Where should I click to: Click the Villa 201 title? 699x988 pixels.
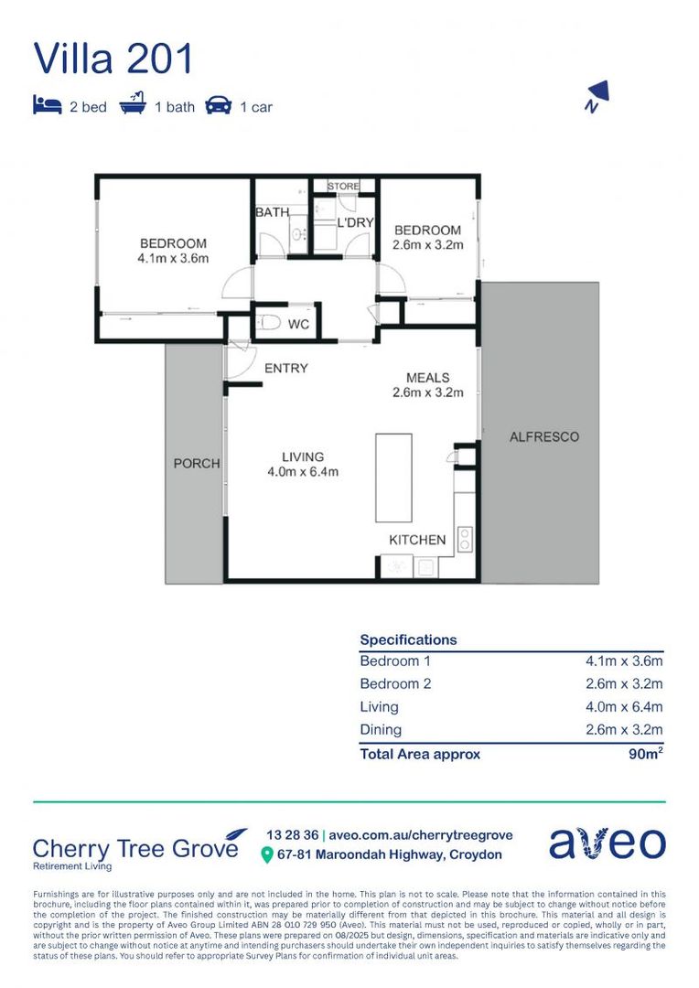pos(113,59)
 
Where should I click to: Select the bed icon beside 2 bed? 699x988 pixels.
pos(47,105)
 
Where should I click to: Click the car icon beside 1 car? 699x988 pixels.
pos(218,105)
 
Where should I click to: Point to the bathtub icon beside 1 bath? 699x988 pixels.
pos(134,104)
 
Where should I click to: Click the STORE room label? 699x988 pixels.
pos(344,187)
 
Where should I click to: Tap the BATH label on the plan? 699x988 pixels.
pos(272,212)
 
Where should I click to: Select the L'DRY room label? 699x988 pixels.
pos(352,223)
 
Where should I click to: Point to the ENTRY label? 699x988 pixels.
pos(285,369)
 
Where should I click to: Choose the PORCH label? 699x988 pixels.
pos(197,464)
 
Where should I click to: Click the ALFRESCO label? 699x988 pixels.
pos(543,437)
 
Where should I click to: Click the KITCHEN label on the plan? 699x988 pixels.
pos(417,540)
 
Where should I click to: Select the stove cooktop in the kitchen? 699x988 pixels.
pos(465,539)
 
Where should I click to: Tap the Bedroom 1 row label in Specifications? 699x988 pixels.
pos(394,660)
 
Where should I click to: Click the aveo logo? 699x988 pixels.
pos(607,843)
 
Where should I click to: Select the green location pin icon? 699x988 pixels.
pos(267,854)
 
